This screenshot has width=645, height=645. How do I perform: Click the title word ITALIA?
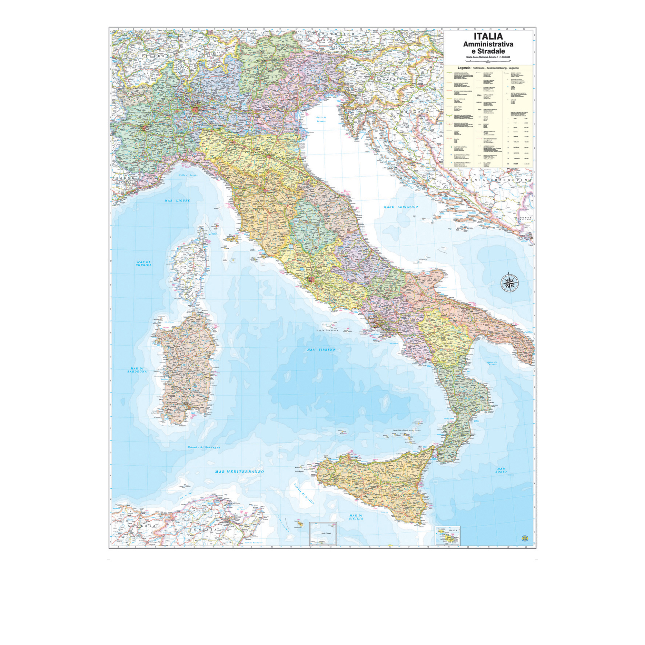pos(488,36)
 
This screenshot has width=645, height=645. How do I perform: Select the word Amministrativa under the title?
pos(488,44)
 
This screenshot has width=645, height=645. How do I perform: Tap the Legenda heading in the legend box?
pos(461,68)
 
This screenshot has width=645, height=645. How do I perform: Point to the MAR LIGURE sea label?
pos(177,201)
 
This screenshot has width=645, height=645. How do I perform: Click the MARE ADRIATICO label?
pos(401,207)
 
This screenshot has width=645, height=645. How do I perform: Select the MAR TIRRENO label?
pos(321,350)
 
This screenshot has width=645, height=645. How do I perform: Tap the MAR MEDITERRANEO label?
pos(239,472)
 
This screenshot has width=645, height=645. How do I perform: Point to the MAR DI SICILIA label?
pos(356,517)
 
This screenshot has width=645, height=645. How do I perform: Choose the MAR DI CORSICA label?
pos(144,263)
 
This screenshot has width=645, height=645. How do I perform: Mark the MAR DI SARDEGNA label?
pos(137,370)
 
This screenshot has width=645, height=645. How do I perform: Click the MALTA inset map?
pos(447,536)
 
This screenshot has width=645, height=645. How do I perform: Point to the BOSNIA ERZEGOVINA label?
pos(496,180)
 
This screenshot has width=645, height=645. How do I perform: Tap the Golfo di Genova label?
pos(188,175)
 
